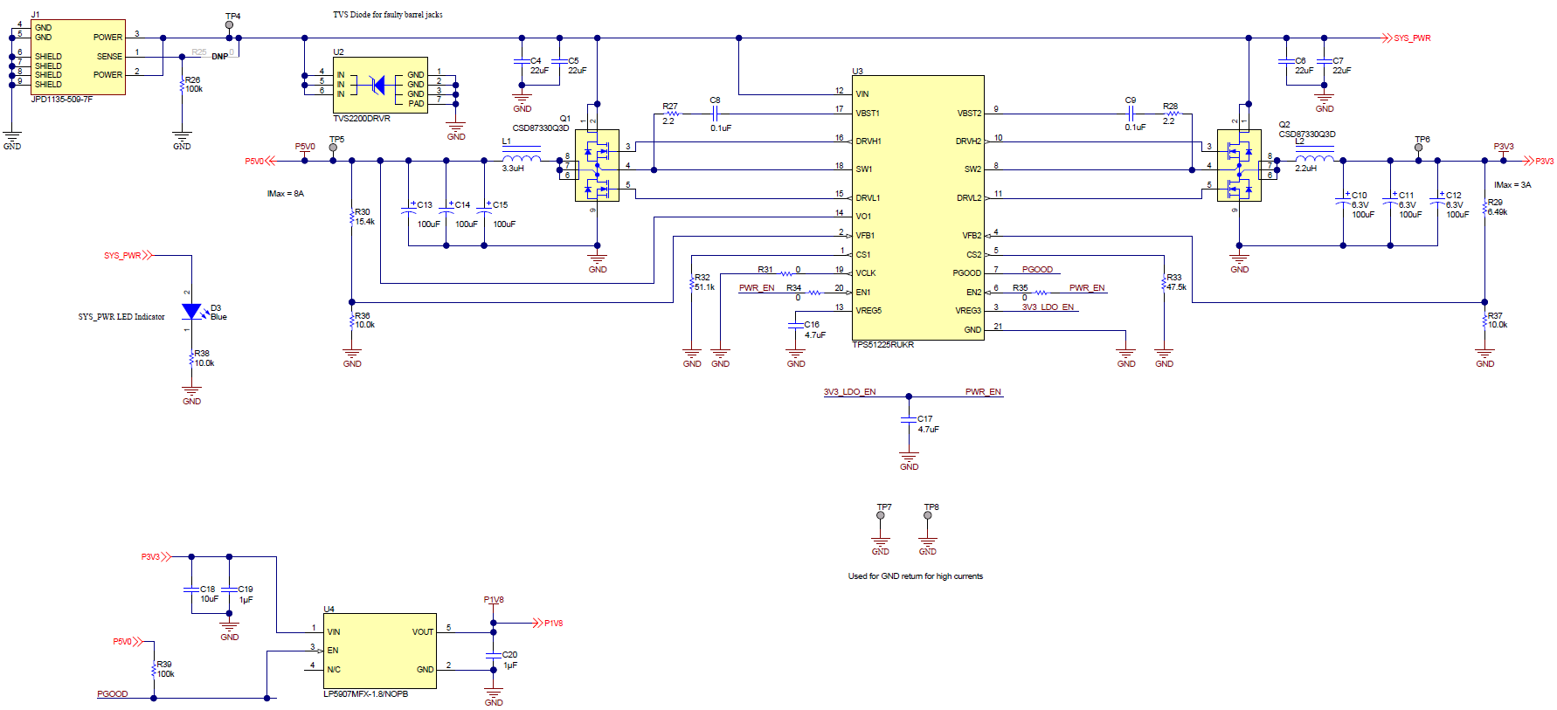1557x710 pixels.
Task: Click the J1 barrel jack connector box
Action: coord(78,57)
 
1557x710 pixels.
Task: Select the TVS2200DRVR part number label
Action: coord(362,119)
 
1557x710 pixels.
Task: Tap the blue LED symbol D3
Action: coord(191,311)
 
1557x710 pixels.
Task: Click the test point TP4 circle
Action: coord(230,25)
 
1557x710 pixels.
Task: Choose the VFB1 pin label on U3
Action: coord(865,235)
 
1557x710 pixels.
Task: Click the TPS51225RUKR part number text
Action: coord(882,345)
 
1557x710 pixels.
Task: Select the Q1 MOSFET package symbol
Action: coord(597,165)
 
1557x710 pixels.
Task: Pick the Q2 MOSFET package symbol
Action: coord(1239,165)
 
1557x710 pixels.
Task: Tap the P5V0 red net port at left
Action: coord(254,162)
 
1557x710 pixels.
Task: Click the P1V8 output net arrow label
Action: coord(553,624)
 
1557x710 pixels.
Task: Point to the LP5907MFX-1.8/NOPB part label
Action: coord(365,694)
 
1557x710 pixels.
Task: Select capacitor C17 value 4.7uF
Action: coord(928,430)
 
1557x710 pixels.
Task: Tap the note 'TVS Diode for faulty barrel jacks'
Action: coord(387,15)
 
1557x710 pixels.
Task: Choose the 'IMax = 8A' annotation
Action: coord(286,194)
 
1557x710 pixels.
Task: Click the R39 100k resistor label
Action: coord(164,669)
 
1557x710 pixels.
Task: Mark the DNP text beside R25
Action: coord(219,57)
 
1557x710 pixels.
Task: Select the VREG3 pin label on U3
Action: coord(967,311)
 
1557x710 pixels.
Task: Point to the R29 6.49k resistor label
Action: coord(1497,207)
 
